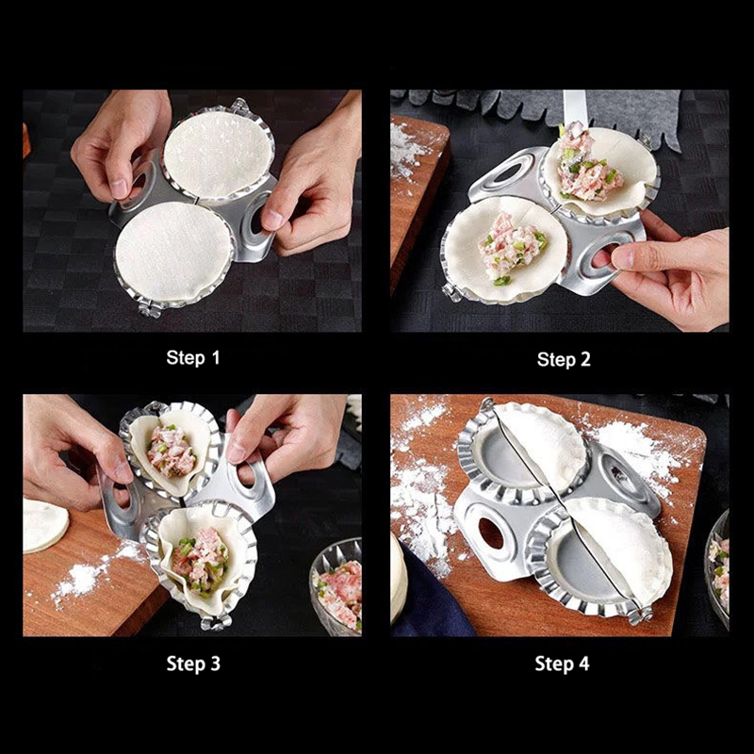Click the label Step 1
(x=193, y=358)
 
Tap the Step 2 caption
(x=564, y=359)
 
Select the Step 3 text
(x=193, y=664)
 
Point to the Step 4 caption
(x=562, y=664)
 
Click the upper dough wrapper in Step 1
(x=219, y=154)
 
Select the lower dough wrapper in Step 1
(x=173, y=252)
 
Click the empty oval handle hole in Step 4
(x=491, y=533)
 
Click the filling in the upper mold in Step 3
(x=171, y=451)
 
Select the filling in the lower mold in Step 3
(x=200, y=560)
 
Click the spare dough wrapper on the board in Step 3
(x=44, y=525)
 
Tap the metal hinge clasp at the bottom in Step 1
(x=149, y=309)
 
